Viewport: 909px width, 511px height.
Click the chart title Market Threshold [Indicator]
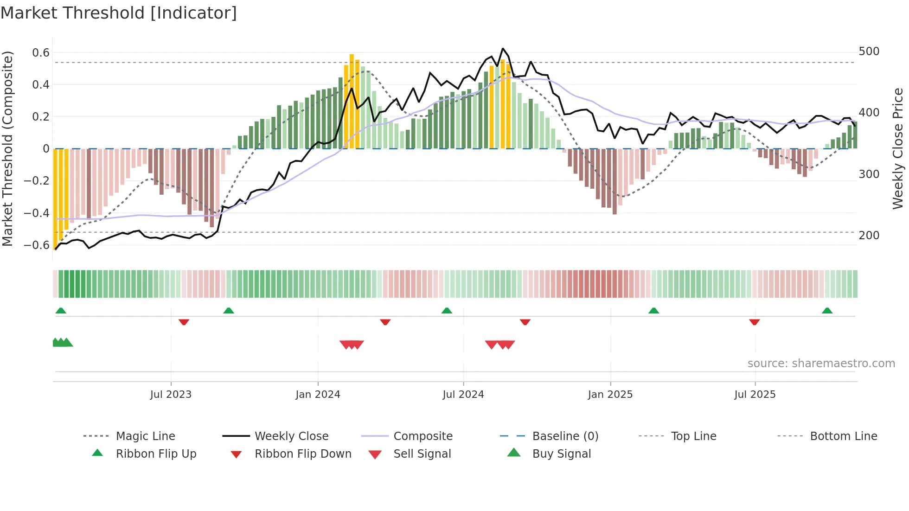[119, 13]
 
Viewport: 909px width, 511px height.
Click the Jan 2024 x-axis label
[318, 394]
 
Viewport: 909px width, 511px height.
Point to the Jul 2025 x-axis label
[755, 394]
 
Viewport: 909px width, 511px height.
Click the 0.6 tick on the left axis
[41, 53]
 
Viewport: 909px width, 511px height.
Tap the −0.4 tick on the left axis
[37, 213]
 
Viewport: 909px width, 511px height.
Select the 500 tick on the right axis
[869, 51]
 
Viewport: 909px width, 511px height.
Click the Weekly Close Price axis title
[898, 148]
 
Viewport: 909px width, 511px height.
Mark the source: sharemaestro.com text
[821, 363]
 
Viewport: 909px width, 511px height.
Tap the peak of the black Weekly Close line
[503, 48]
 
